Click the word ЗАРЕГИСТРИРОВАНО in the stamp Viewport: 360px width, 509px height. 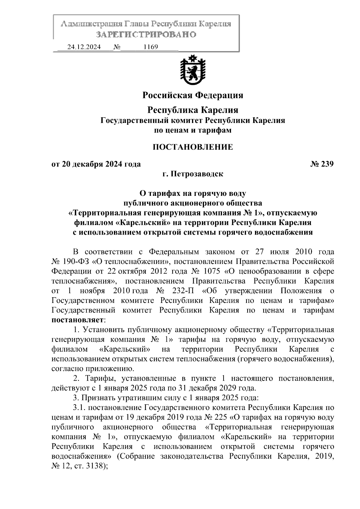click(x=146, y=34)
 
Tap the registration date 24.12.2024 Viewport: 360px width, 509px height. click(x=84, y=47)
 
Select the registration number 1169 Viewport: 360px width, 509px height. click(x=151, y=47)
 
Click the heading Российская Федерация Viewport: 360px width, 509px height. click(x=193, y=95)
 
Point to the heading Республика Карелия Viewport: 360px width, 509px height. click(x=193, y=110)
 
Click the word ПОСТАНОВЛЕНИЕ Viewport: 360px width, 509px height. click(x=193, y=147)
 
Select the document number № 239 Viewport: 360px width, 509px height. click(x=322, y=164)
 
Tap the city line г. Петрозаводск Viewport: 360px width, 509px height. click(x=193, y=174)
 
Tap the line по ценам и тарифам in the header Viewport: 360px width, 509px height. click(x=193, y=130)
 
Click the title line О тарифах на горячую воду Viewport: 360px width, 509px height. click(x=193, y=193)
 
